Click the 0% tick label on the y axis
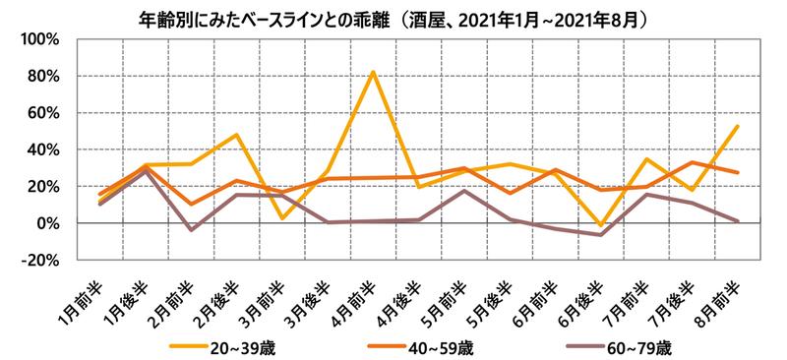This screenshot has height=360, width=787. click(x=49, y=223)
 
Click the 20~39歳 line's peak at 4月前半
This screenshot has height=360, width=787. click(x=373, y=71)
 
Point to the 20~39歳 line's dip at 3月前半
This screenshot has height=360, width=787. click(x=282, y=218)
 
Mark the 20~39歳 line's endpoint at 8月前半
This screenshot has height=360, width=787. click(x=738, y=126)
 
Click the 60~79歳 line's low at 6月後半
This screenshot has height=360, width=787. click(x=600, y=235)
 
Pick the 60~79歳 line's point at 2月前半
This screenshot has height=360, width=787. click(x=191, y=230)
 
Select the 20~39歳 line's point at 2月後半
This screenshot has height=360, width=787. click(x=237, y=135)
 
